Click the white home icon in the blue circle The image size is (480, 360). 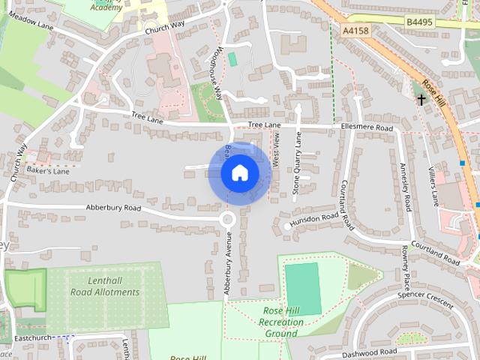pyautogui.click(x=239, y=173)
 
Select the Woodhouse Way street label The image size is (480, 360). pyautogui.click(x=217, y=73)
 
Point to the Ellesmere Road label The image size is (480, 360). pyautogui.click(x=367, y=127)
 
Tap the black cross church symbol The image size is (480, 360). pyautogui.click(x=421, y=98)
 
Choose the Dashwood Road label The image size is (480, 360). pyautogui.click(x=368, y=352)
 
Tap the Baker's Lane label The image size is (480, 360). pyautogui.click(x=48, y=172)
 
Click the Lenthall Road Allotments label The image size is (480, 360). pyautogui.click(x=104, y=286)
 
